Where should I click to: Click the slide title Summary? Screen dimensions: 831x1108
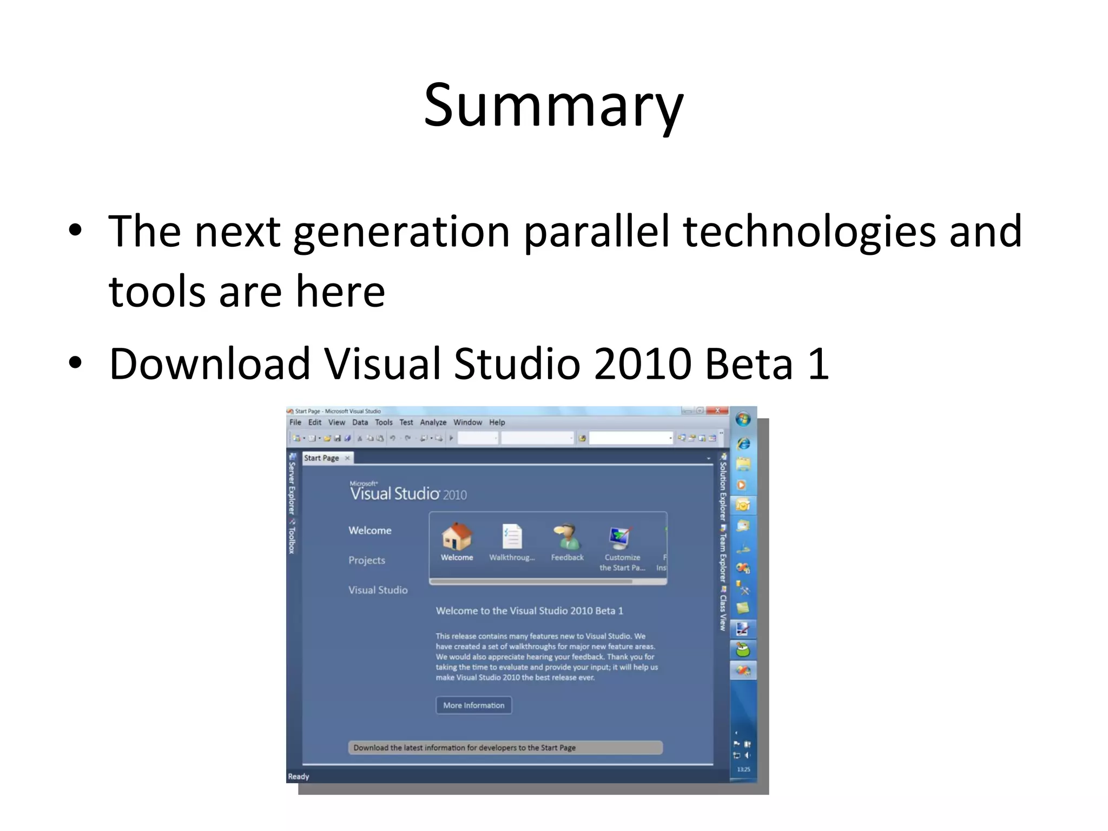553,105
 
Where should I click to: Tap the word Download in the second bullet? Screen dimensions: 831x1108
209,364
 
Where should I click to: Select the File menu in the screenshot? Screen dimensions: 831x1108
295,423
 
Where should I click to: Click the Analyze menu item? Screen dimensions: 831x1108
433,423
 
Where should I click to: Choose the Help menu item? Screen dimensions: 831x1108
497,423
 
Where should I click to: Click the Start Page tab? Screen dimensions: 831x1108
322,458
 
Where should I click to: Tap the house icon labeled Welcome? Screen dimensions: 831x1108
457,536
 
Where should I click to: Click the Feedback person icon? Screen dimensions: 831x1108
566,536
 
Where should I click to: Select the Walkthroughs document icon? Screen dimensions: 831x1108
511,536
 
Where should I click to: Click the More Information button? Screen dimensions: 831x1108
473,705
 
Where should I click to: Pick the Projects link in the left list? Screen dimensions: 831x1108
366,560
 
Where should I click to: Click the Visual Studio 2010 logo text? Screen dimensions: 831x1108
408,493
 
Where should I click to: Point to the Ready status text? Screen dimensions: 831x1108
299,776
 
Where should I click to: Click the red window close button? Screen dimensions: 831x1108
717,411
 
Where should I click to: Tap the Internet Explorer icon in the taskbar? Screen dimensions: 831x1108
743,444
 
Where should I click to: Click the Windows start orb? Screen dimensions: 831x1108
743,419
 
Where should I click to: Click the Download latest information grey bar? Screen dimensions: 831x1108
505,748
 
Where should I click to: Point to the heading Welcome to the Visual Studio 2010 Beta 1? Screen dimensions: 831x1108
529,611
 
